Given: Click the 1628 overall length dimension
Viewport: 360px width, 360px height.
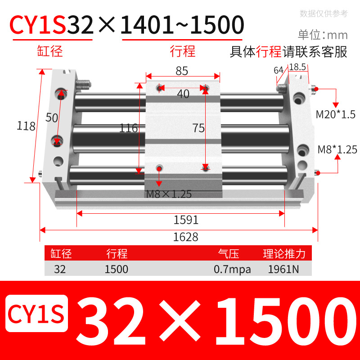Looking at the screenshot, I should (x=185, y=237).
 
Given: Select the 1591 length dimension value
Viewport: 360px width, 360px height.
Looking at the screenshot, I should (x=186, y=220).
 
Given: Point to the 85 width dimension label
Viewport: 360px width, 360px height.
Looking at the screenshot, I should (x=182, y=71).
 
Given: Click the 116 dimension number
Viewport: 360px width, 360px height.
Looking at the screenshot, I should (x=128, y=128).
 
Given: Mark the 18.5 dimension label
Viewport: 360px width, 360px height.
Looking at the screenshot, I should (x=297, y=67).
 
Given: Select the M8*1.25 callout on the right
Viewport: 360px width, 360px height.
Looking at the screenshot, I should (x=337, y=149).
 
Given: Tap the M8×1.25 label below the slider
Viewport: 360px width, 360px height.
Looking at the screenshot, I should (x=169, y=194).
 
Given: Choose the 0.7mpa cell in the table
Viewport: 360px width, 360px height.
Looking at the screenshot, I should (x=232, y=270).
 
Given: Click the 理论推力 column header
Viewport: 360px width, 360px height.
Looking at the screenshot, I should (x=284, y=254).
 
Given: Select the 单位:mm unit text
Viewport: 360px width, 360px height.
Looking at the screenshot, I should (x=323, y=35).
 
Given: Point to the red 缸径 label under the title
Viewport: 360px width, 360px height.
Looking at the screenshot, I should (x=49, y=51).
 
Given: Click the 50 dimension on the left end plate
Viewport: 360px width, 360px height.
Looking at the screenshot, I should (x=52, y=118).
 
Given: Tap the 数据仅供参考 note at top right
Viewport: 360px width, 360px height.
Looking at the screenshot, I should (x=324, y=13).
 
